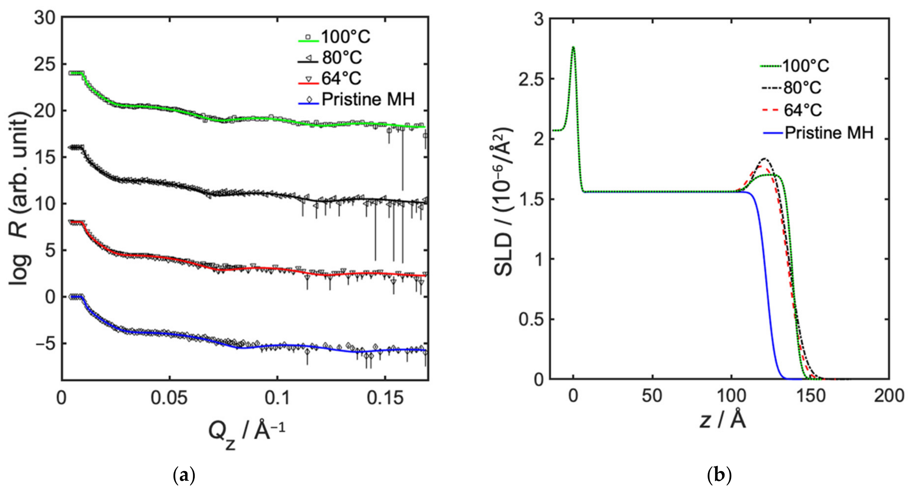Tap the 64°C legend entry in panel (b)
802,111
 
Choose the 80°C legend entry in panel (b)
802,88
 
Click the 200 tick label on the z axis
889,396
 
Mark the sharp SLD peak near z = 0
573,47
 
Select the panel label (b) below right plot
719,476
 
